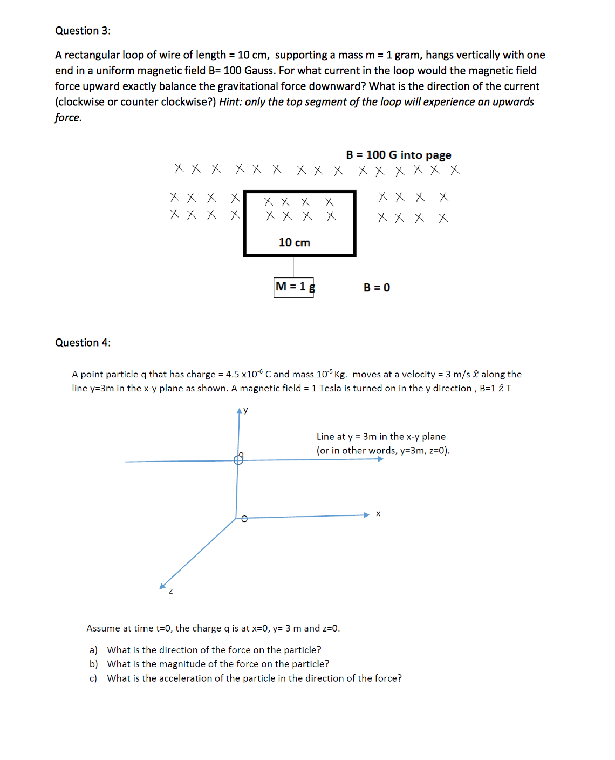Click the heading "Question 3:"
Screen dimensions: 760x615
pyautogui.click(x=83, y=31)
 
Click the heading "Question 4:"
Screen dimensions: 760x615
pyautogui.click(x=83, y=343)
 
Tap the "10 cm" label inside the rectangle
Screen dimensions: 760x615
pyautogui.click(x=294, y=242)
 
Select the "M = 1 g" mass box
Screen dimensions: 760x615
pyautogui.click(x=293, y=287)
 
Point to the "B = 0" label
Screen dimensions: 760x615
pyautogui.click(x=377, y=288)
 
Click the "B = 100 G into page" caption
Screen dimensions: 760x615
pyautogui.click(x=399, y=155)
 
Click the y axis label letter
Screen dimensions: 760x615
pyautogui.click(x=246, y=410)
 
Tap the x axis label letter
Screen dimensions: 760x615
pyautogui.click(x=378, y=514)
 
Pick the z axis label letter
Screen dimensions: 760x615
pyautogui.click(x=171, y=591)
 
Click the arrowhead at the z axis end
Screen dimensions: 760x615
pyautogui.click(x=162, y=586)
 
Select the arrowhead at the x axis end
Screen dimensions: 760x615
pyautogui.click(x=366, y=515)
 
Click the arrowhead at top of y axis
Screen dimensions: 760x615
pyautogui.click(x=240, y=411)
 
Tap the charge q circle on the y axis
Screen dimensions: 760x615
pyautogui.click(x=238, y=460)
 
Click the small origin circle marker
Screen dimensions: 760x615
pyautogui.click(x=244, y=519)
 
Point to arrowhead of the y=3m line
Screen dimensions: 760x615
pyautogui.click(x=380, y=459)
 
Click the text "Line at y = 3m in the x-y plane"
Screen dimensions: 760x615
pyautogui.click(x=381, y=437)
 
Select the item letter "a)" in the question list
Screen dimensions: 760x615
pyautogui.click(x=93, y=650)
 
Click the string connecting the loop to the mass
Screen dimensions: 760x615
pyautogui.click(x=293, y=267)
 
